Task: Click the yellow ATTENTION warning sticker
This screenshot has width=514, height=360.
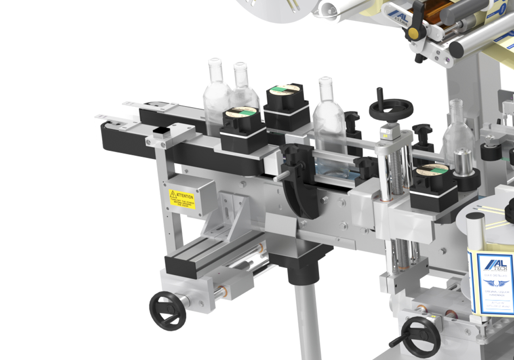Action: point(182,199)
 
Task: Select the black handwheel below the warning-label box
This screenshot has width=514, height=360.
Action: point(167,310)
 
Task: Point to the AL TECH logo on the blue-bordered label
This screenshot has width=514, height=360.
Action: point(496,264)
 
